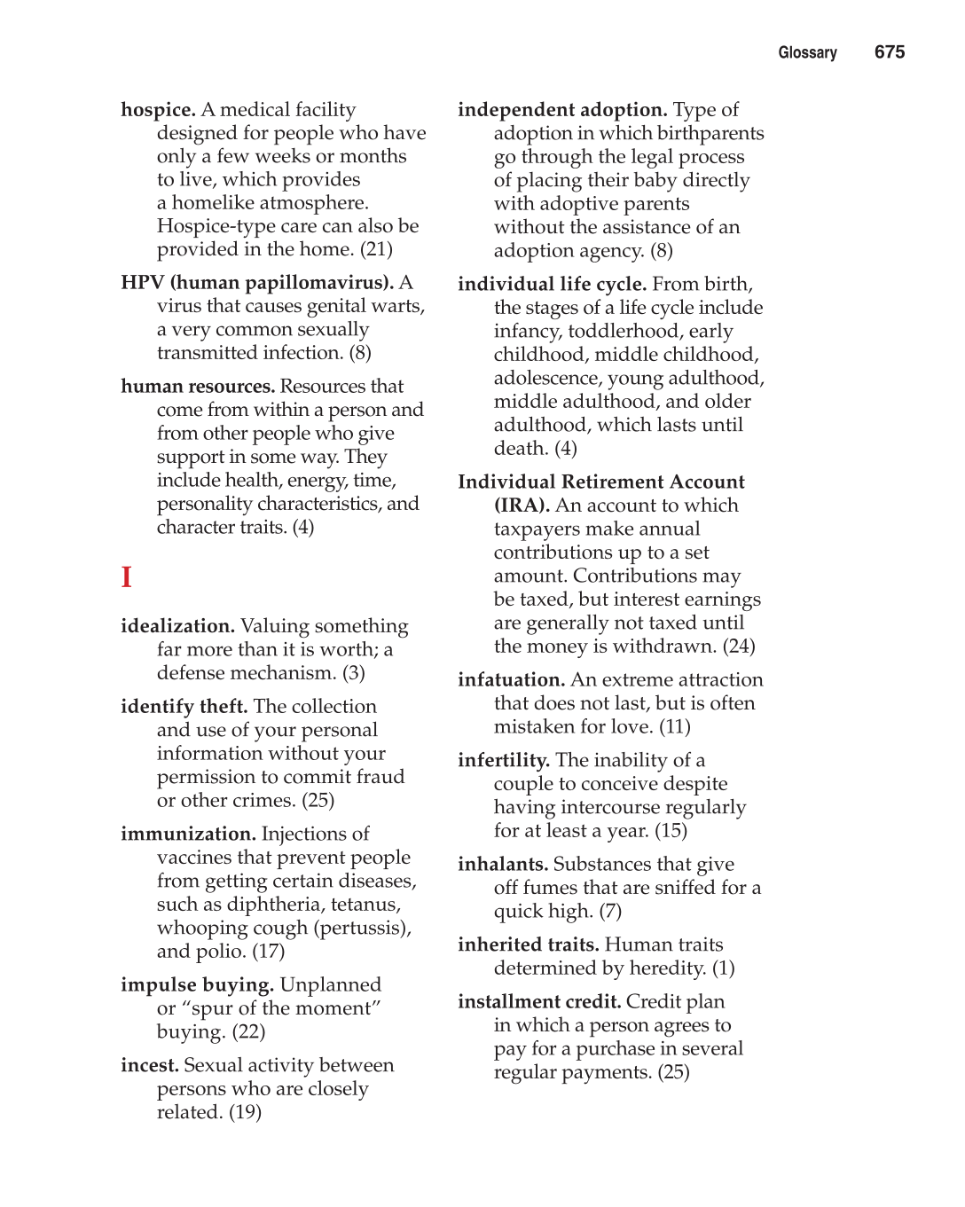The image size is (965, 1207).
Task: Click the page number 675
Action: (x=889, y=52)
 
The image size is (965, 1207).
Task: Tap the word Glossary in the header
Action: (x=807, y=53)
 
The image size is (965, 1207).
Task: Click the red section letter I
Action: (x=127, y=577)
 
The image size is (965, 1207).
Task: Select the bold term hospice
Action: (x=158, y=110)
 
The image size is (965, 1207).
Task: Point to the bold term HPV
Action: (x=143, y=283)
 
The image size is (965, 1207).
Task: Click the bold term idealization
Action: (x=177, y=626)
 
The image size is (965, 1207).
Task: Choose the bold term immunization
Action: (x=188, y=835)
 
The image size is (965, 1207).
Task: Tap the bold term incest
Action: (x=149, y=1066)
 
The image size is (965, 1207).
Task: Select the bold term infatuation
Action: (x=511, y=680)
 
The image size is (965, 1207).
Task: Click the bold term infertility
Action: (x=503, y=761)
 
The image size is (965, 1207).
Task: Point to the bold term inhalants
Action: (x=502, y=865)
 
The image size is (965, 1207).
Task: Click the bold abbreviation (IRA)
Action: (x=522, y=506)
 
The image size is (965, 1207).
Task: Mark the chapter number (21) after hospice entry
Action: (x=376, y=249)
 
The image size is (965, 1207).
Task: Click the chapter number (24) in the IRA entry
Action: (x=739, y=646)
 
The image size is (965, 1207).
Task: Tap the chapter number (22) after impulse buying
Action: (x=248, y=1032)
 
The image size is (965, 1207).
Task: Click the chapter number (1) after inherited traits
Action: (x=723, y=968)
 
